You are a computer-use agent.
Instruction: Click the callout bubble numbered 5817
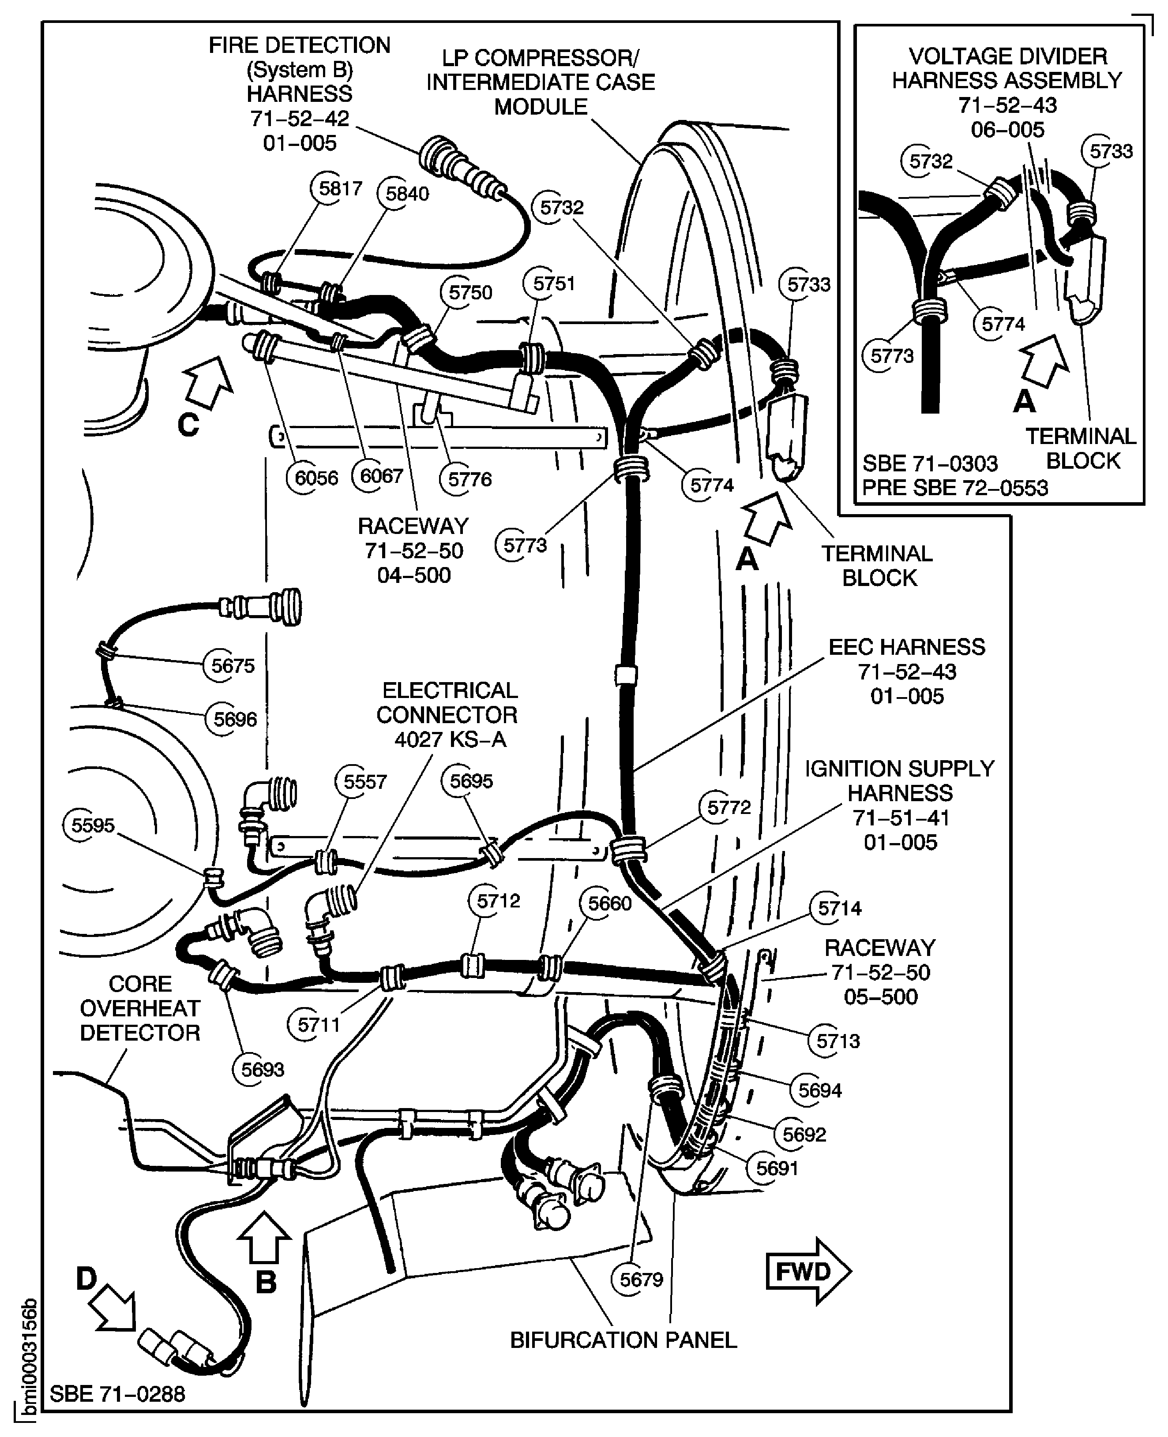340,188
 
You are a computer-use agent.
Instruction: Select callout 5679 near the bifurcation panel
641,1279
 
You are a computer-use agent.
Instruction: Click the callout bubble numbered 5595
93,825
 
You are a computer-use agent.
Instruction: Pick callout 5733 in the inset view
1111,151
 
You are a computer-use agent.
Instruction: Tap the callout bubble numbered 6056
315,478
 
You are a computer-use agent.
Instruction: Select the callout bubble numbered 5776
469,479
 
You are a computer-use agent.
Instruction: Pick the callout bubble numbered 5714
839,908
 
